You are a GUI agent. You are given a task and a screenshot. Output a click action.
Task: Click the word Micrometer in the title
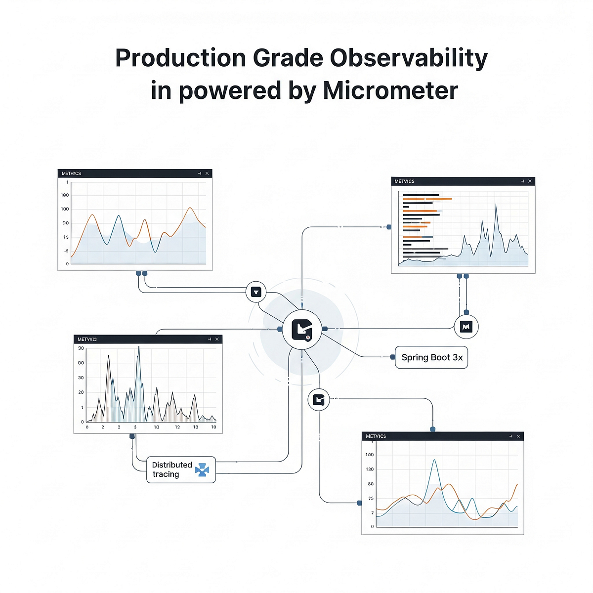click(x=390, y=90)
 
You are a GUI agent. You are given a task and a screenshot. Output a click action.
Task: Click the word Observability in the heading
click(x=409, y=58)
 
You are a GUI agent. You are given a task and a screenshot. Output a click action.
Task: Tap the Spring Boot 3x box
click(x=431, y=357)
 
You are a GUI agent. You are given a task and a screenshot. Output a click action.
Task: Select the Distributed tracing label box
click(x=181, y=469)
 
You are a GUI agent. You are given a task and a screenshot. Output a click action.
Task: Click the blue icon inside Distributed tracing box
click(x=202, y=470)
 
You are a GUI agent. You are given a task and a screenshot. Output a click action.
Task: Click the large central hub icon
click(x=301, y=329)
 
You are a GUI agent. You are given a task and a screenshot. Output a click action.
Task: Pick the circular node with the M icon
click(x=466, y=327)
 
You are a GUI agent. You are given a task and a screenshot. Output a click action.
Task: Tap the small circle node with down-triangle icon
click(x=256, y=292)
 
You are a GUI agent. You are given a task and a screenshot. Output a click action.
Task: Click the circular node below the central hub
click(x=319, y=399)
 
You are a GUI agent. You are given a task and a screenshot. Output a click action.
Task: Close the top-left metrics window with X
click(x=207, y=173)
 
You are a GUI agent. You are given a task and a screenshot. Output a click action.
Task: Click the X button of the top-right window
click(x=530, y=181)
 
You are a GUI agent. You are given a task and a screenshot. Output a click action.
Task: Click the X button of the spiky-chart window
click(x=217, y=339)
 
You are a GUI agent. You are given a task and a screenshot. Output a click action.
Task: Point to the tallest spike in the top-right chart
click(x=496, y=204)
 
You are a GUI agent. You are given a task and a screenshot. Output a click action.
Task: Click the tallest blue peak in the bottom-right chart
click(x=434, y=460)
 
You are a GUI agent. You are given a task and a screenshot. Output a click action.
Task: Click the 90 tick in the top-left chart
click(x=66, y=223)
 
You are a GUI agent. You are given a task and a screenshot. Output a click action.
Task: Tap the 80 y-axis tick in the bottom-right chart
click(x=371, y=484)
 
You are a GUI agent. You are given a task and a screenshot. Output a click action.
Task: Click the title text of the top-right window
click(x=404, y=181)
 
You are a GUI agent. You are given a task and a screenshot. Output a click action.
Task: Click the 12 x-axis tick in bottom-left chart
click(x=177, y=427)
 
